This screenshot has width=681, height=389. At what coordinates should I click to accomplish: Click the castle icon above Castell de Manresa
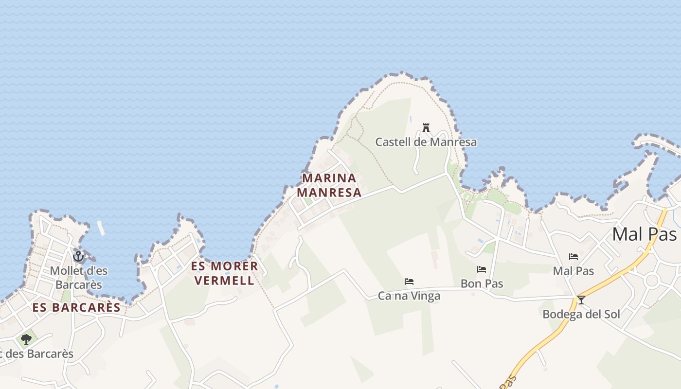pos(426,128)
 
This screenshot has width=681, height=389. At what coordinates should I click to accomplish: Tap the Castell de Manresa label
pos(426,142)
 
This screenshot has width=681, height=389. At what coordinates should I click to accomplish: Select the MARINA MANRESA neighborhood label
pos(329,185)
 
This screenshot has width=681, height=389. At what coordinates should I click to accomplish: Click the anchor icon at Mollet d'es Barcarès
pos(78,256)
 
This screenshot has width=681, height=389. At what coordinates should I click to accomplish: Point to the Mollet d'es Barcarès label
pos(79,278)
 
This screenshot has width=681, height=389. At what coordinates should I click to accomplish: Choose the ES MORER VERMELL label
pos(224,273)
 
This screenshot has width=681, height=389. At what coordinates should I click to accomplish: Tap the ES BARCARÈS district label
pos(76,307)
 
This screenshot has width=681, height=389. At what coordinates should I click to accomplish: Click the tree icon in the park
pos(26,339)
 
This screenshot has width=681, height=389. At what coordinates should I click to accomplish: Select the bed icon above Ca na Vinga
pos(409,282)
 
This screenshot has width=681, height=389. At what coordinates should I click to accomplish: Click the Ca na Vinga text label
pos(409,296)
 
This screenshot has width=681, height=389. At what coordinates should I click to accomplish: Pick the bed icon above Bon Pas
pos(482,269)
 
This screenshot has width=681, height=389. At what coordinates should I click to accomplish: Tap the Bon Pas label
pos(482,283)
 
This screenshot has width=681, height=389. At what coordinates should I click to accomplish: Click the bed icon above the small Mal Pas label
pos(573,257)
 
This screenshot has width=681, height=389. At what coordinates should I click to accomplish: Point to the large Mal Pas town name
pos(644,234)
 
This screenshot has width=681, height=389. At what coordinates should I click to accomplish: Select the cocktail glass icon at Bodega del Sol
pos(581,300)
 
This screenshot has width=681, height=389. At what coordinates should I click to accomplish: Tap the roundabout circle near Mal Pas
pos(651,280)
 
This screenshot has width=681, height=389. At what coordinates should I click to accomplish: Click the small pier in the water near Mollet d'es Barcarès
pos(101,228)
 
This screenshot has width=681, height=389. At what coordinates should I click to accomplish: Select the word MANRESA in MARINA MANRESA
pos(329,193)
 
